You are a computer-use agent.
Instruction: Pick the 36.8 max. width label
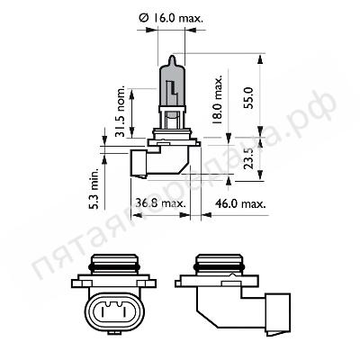coord(161,203)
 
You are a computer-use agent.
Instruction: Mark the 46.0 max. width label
coord(241,203)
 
